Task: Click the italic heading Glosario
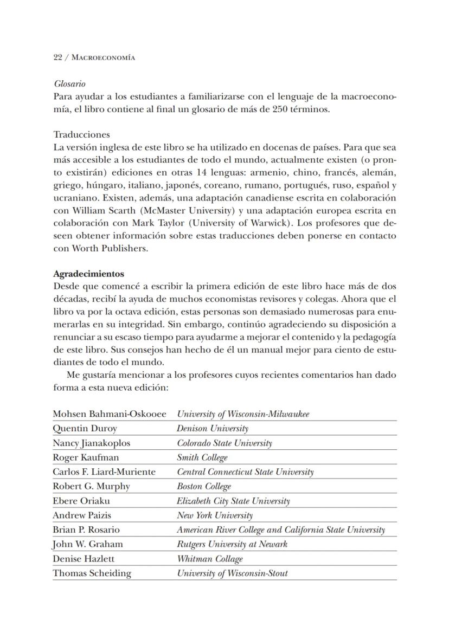click(69, 85)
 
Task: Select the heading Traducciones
click(81, 134)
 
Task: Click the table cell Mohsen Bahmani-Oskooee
click(110, 414)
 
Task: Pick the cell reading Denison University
click(213, 429)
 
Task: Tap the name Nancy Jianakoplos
click(91, 443)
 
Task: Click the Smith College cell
click(202, 457)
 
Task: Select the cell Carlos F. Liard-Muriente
click(104, 471)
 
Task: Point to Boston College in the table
click(204, 486)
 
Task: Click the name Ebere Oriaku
click(81, 501)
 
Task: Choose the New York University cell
click(215, 515)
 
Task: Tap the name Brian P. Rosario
click(86, 529)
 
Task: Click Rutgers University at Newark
click(232, 544)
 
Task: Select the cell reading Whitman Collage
click(210, 559)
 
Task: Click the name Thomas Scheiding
click(92, 573)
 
